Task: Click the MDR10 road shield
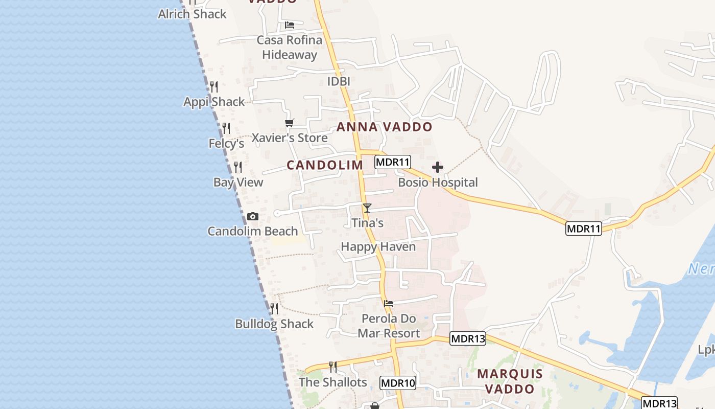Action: pos(398,382)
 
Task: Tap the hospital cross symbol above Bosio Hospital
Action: pos(438,167)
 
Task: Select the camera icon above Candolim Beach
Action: pos(252,217)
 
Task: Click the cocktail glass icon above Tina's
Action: pos(367,208)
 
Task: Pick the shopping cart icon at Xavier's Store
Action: pos(290,123)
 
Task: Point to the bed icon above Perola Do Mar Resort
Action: pos(389,303)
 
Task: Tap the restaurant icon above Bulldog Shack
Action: pos(274,309)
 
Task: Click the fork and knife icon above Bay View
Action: pos(237,167)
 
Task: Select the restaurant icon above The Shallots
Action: pos(333,367)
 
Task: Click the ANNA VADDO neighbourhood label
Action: pos(385,127)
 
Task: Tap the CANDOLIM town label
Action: pos(325,165)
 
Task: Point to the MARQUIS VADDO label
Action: pos(510,381)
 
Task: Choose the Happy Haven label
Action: pos(378,246)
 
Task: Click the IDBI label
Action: pos(339,81)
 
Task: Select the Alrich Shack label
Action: pos(192,14)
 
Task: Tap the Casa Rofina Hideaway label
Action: pos(290,47)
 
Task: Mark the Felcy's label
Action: pos(226,144)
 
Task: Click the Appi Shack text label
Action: pos(214,102)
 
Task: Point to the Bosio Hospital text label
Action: pos(438,183)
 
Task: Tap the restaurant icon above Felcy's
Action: pos(226,128)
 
